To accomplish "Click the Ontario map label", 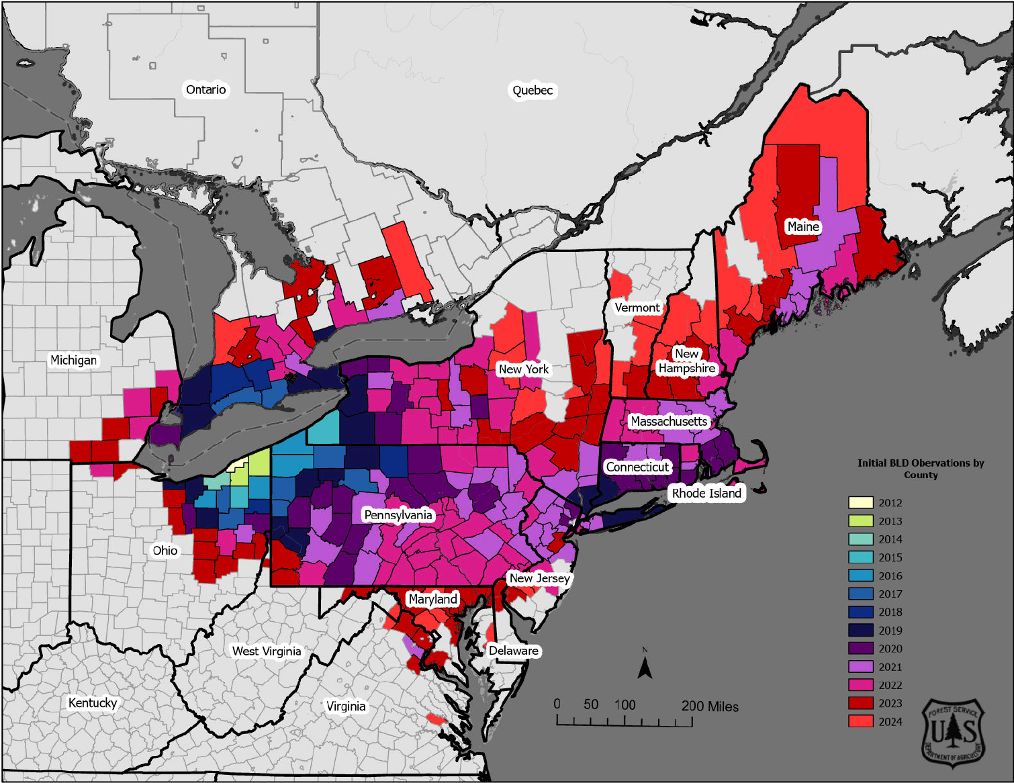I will [x=205, y=90].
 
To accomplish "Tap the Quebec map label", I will [x=533, y=91].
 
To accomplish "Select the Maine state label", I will [x=803, y=227].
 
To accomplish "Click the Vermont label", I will [x=637, y=308].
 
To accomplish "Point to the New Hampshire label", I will [x=686, y=361].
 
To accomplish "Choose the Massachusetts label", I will [x=669, y=422].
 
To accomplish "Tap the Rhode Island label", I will [x=706, y=494].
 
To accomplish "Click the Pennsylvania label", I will [x=398, y=515].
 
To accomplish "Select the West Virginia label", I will [x=267, y=651].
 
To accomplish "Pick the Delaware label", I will [x=514, y=651].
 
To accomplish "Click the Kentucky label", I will [x=93, y=703].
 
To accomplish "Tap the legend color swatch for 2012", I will [x=860, y=502].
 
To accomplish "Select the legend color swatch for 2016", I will [x=860, y=575].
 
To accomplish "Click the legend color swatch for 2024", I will [x=860, y=721].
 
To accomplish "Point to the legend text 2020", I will [x=890, y=649].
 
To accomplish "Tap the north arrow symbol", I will [x=645, y=666].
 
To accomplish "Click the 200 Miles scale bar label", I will [x=710, y=706].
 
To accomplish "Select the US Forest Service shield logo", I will [x=953, y=732].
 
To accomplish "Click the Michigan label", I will [x=74, y=361].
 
